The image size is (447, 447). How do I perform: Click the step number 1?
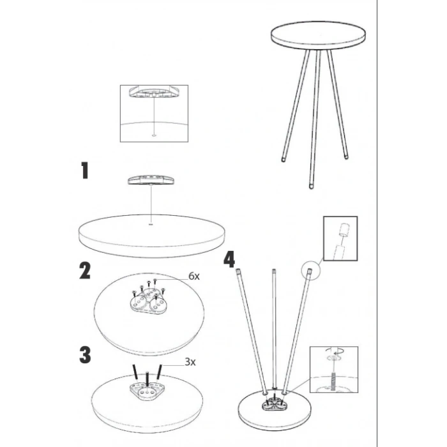pos(85,170)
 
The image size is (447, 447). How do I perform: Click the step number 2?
pos(85,271)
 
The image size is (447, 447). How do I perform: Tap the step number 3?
pos(85,355)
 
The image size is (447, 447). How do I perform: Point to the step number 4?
pos(229,259)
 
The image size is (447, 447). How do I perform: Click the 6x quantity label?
pos(194,277)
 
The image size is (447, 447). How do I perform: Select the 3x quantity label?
pos(190,362)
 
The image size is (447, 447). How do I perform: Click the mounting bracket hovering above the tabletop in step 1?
pos(151,180)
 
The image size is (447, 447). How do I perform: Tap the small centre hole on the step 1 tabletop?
pos(151,225)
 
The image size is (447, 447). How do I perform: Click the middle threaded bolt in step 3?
pos(147,379)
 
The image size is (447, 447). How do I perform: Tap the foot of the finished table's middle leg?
pos(311,186)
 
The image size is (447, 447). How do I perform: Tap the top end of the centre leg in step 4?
pos(274,271)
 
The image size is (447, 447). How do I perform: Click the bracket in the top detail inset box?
pos(155,91)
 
